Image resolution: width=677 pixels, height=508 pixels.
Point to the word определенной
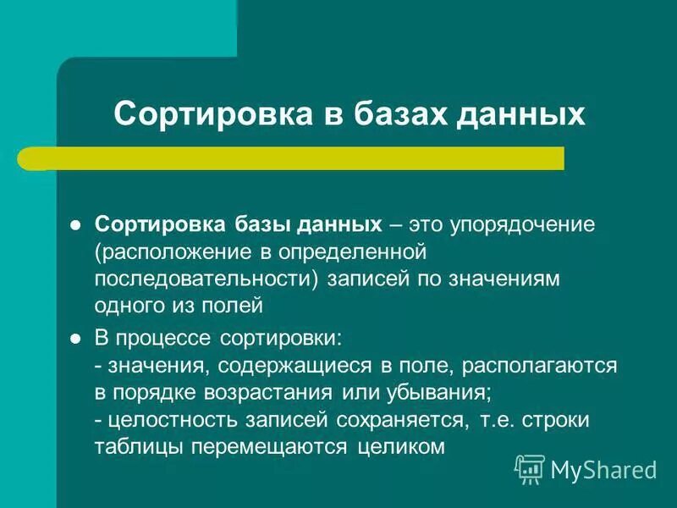pos(359,251)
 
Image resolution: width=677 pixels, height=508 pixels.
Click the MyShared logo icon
pos(530,467)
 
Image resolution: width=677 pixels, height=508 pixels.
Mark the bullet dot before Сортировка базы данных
pos(74,226)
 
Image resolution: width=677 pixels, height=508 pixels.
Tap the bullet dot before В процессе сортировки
pos(74,339)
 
